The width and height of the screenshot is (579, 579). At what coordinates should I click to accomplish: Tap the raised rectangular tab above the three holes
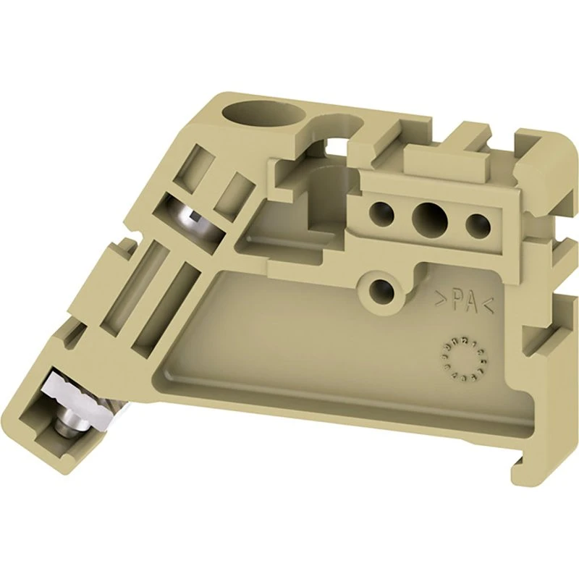435,159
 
